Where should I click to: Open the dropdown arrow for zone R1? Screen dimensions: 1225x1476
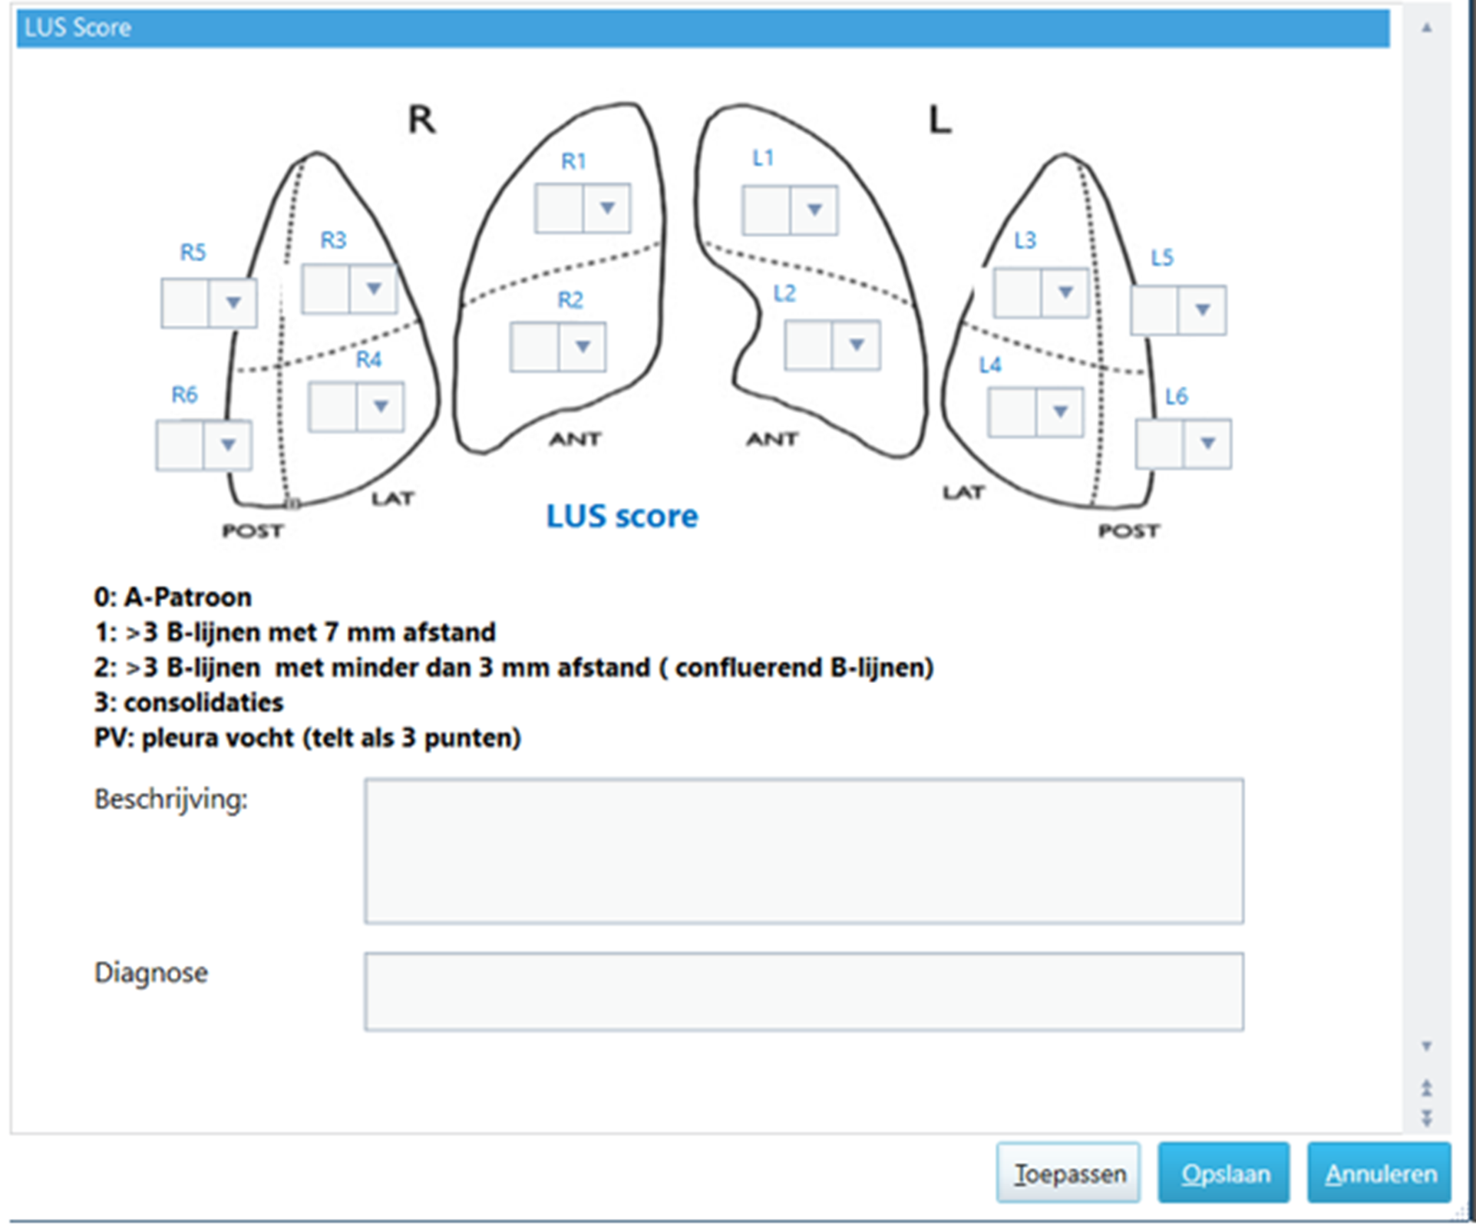click(x=607, y=208)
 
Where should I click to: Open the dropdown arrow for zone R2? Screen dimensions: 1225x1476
click(x=583, y=347)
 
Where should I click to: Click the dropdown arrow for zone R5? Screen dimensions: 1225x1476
click(x=233, y=302)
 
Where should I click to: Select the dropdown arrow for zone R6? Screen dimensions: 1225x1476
click(x=227, y=444)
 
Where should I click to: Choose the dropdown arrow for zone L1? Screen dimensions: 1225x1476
click(x=814, y=210)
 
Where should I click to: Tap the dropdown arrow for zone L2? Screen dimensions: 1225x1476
click(x=857, y=345)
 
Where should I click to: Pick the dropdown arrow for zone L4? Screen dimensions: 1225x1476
click(x=1060, y=412)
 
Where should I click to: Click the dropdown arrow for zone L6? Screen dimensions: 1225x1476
click(x=1207, y=443)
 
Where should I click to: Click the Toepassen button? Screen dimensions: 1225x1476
click(x=1068, y=1173)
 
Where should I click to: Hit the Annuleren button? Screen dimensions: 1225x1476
click(x=1379, y=1173)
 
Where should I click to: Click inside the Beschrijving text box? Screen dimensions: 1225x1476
click(x=804, y=850)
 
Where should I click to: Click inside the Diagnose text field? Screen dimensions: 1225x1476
click(x=804, y=991)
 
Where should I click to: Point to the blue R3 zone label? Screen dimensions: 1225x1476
click(x=333, y=240)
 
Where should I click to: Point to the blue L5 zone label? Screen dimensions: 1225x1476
click(x=1162, y=258)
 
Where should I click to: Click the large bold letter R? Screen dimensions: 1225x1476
click(x=421, y=120)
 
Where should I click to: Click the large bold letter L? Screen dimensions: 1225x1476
click(x=939, y=120)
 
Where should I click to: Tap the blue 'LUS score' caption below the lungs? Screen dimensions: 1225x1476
click(x=622, y=516)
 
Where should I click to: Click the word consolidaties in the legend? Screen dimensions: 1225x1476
click(x=203, y=702)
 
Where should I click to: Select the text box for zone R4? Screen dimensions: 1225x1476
click(x=332, y=407)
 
